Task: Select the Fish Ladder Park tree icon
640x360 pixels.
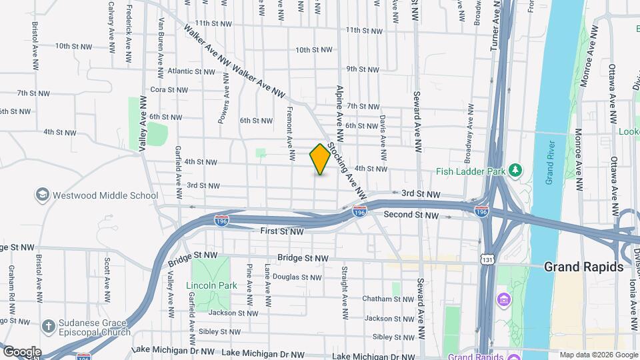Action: point(515,171)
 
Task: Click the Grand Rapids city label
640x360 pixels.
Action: point(583,267)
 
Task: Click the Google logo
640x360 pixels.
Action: point(21,352)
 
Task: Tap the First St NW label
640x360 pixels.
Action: point(282,231)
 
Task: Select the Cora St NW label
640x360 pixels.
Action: point(171,89)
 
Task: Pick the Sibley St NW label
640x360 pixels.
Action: point(390,337)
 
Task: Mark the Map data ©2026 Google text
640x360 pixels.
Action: point(597,355)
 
